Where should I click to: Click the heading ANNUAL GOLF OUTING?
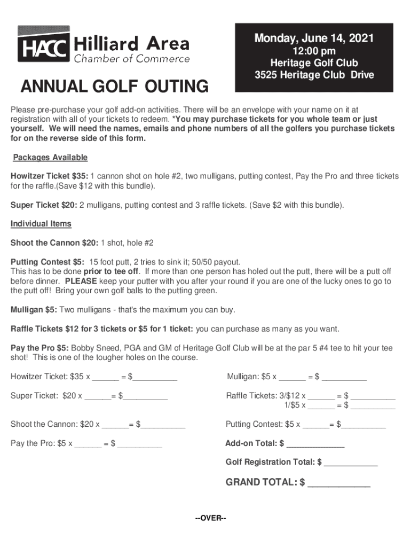click(114, 87)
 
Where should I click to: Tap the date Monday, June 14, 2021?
click(314, 38)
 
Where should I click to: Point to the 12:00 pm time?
click(314, 51)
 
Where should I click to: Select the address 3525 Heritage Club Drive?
click(314, 75)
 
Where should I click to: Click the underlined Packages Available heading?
click(50, 158)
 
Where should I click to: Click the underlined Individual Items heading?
click(41, 224)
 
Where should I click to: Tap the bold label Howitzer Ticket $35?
click(50, 176)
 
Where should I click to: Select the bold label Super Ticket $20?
click(44, 205)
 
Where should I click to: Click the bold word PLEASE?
click(81, 281)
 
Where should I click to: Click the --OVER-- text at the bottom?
click(211, 519)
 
